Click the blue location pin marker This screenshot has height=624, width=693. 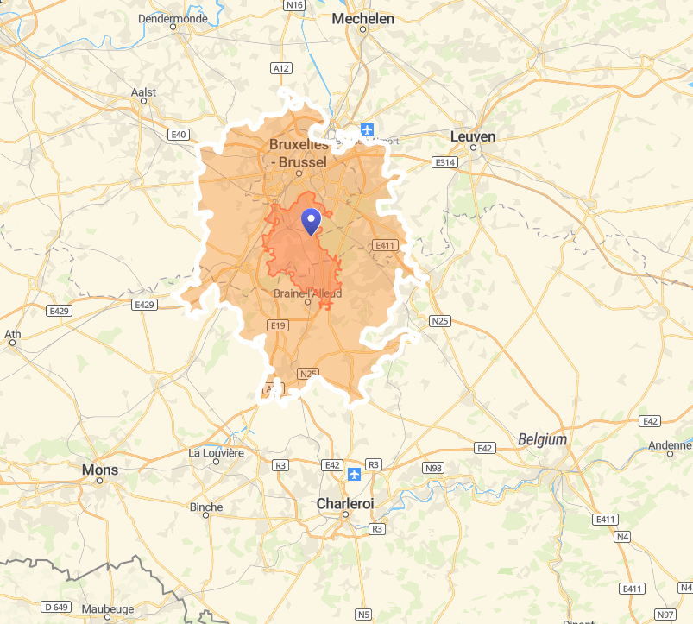[311, 221]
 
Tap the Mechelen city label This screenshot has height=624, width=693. [362, 18]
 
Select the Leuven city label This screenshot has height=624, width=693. [473, 136]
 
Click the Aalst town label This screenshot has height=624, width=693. [143, 91]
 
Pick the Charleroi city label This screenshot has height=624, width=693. [345, 502]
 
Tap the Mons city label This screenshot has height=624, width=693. [99, 470]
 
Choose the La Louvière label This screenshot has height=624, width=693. [217, 452]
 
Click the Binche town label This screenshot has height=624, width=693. [206, 507]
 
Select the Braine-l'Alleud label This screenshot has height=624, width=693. [307, 293]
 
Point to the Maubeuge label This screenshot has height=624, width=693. [108, 608]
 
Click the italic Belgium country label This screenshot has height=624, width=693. [543, 439]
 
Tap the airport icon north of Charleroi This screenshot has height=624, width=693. [354, 474]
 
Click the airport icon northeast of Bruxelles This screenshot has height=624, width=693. [369, 130]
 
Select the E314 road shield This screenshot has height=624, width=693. [444, 162]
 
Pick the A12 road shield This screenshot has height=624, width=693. [280, 67]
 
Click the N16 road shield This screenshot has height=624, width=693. [295, 5]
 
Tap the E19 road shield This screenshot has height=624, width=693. [277, 325]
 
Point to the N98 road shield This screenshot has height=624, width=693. [433, 468]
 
